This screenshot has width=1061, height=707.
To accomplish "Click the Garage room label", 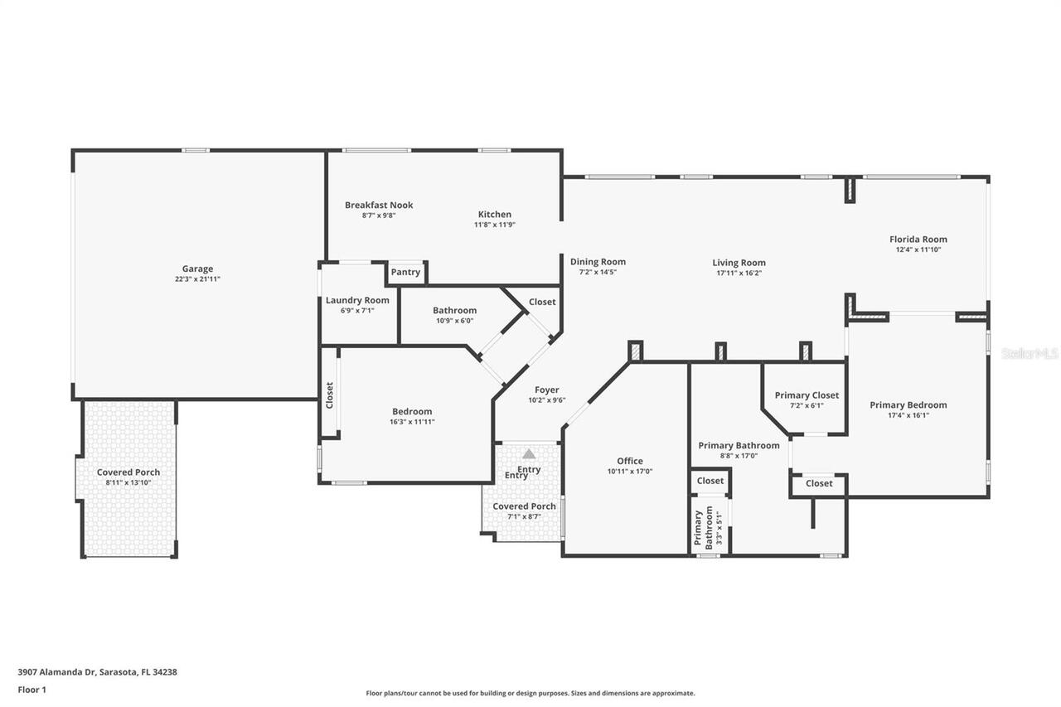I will (197, 269).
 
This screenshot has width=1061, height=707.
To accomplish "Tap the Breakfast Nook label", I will (379, 205).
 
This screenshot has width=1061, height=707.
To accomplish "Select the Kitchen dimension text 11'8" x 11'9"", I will (495, 225).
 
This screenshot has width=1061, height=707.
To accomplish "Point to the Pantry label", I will (405, 272).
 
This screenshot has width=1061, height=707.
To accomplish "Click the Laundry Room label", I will (357, 300).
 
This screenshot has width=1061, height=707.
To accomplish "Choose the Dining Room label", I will (598, 262).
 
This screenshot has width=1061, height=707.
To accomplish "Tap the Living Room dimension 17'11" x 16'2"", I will (739, 273).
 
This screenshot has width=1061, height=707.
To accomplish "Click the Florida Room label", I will (918, 239).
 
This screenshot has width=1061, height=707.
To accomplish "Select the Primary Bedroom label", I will (908, 404).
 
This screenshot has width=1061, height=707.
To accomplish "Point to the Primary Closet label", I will (807, 395).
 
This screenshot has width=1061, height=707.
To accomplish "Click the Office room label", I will (629, 461).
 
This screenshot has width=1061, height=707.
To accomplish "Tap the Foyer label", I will (546, 390).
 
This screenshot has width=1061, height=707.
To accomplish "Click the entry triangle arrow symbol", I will (529, 454).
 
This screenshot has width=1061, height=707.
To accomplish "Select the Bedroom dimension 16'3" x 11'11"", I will (412, 422).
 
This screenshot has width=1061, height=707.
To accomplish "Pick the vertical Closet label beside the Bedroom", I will (329, 395).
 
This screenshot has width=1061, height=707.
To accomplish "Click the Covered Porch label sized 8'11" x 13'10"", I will (128, 472).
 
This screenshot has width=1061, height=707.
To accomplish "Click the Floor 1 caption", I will (31, 690).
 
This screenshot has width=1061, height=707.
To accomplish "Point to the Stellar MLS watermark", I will (1030, 353).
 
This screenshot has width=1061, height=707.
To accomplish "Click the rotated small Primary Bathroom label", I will (703, 528).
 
